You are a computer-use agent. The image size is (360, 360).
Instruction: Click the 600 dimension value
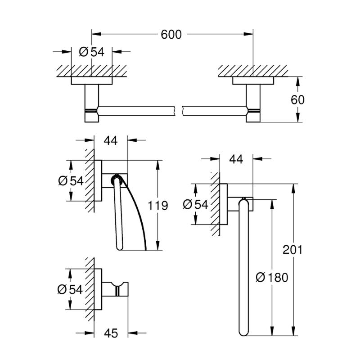click(x=171, y=35)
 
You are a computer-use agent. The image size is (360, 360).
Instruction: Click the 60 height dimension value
click(x=297, y=99)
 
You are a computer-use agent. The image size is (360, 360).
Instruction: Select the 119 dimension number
click(x=158, y=205)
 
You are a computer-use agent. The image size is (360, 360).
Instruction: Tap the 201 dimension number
click(x=292, y=250)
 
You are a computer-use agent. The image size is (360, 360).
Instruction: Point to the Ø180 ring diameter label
click(x=272, y=277)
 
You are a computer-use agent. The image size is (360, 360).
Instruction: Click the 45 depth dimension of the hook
click(x=111, y=333)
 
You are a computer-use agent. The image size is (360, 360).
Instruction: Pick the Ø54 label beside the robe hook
click(x=70, y=289)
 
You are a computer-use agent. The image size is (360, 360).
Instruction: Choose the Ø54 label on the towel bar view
click(x=92, y=52)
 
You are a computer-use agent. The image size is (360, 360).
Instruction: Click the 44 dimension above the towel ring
click(x=236, y=159)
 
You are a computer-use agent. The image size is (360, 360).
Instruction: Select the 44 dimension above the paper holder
click(x=111, y=140)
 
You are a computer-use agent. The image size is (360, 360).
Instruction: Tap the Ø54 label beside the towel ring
click(x=196, y=204)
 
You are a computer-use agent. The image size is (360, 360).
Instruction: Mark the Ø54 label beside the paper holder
click(x=71, y=181)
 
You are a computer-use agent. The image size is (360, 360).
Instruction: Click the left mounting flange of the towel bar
click(x=92, y=81)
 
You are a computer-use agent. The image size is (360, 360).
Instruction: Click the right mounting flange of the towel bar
click(x=253, y=81)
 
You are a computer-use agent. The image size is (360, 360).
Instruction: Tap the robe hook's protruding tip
click(x=126, y=289)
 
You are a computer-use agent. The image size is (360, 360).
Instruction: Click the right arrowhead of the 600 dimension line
click(x=248, y=34)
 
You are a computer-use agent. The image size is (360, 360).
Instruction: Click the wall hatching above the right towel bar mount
click(x=252, y=71)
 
